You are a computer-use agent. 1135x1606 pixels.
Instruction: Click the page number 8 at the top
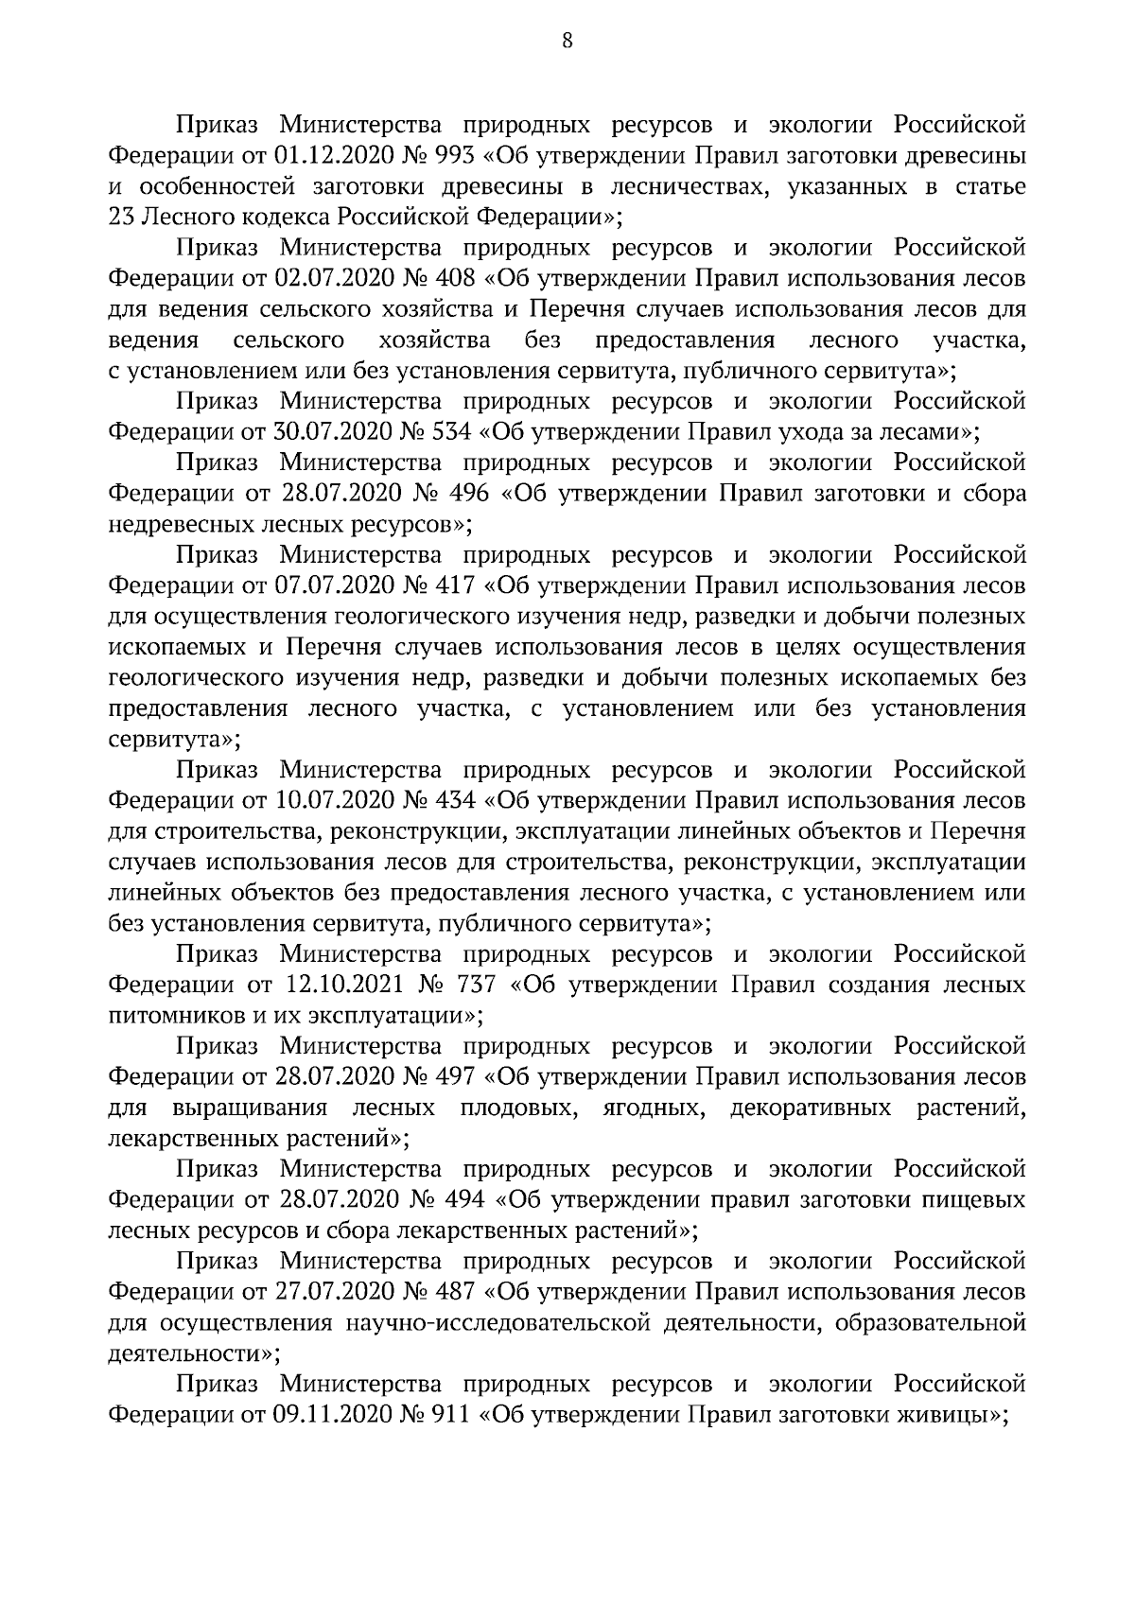[x=567, y=40]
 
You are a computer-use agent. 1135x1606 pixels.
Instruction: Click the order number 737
[x=476, y=985]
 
